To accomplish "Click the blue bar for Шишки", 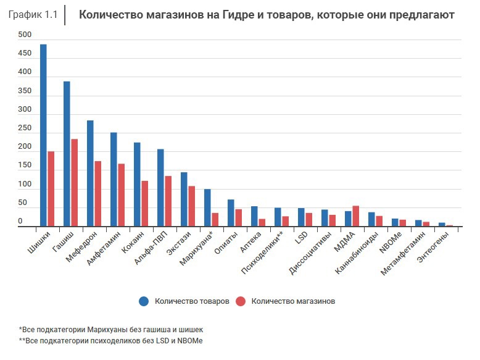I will [x=43, y=136].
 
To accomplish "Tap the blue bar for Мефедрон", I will [x=90, y=174].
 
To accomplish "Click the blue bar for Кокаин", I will [x=137, y=185].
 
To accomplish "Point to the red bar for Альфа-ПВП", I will [x=168, y=201].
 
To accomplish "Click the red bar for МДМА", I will [x=355, y=216].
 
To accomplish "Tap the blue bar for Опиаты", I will [x=231, y=213].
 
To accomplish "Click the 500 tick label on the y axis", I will [x=24, y=35].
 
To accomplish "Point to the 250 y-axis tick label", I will [x=24, y=128].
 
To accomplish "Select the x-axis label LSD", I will [x=302, y=237].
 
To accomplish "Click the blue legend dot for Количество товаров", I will [x=144, y=301].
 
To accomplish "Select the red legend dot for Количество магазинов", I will [x=241, y=301].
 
